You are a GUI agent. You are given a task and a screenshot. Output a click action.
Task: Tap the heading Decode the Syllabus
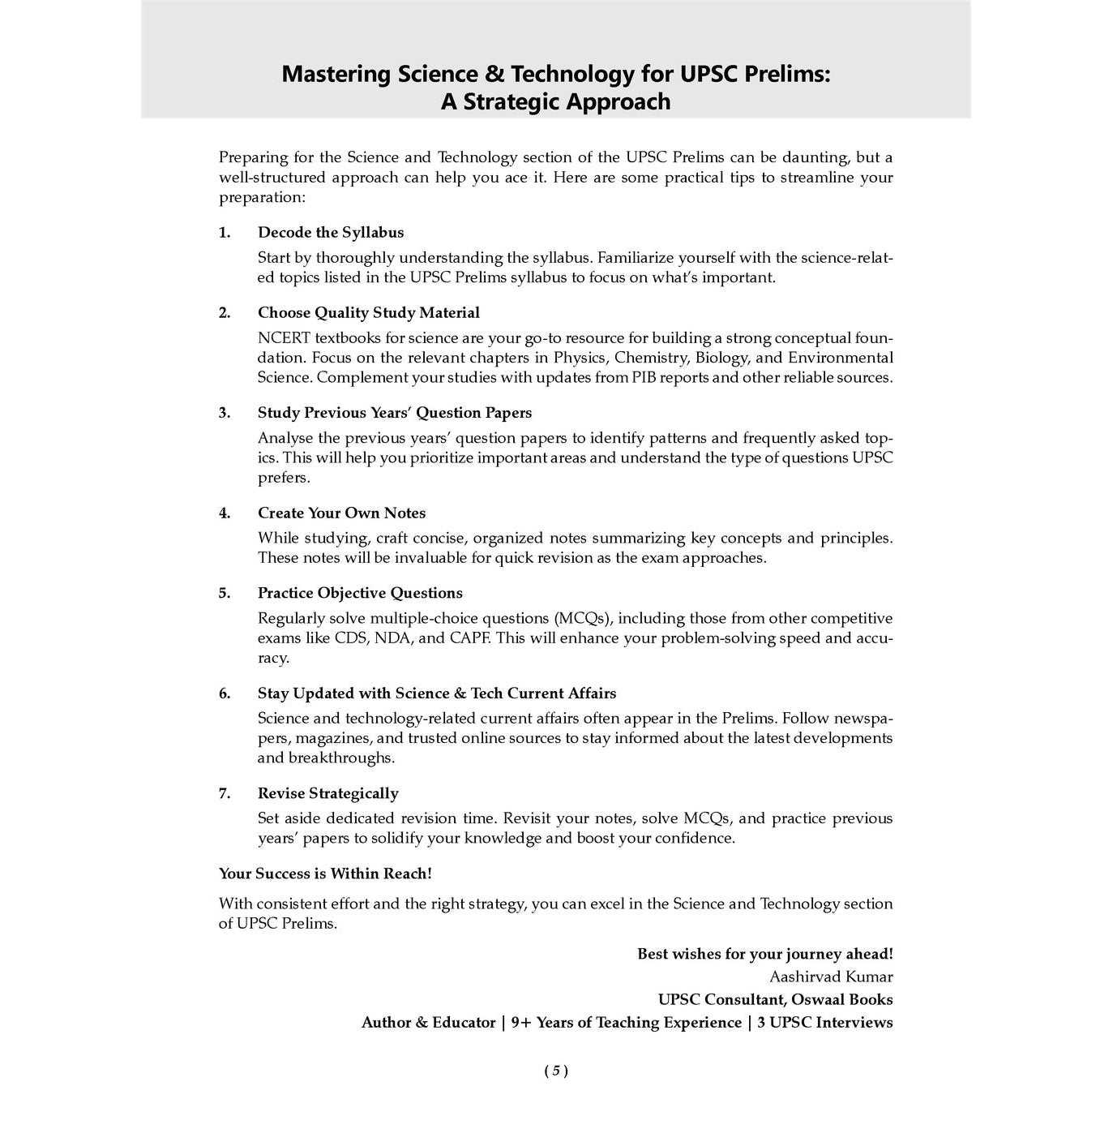click(330, 233)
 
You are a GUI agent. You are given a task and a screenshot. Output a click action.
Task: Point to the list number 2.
click(225, 313)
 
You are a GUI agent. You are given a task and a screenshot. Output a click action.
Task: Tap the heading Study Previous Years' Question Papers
click(394, 413)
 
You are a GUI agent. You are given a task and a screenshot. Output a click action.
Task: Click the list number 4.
click(225, 513)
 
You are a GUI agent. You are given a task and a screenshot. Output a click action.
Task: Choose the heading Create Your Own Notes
click(341, 513)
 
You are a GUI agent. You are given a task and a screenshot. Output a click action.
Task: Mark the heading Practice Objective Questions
click(360, 594)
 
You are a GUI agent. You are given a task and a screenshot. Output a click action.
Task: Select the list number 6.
click(225, 693)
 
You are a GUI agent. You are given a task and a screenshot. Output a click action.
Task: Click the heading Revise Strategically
click(327, 794)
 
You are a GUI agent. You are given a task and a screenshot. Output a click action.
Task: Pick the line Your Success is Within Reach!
click(325, 874)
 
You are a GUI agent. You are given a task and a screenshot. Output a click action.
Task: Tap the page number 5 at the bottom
click(556, 1071)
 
